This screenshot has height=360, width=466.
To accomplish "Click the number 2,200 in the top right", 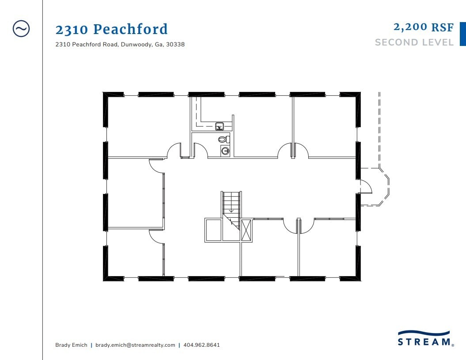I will [411, 27].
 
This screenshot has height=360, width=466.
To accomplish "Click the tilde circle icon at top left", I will [21, 29].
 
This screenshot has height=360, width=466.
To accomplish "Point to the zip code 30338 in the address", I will [175, 44].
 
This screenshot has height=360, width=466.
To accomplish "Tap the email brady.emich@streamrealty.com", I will [135, 345].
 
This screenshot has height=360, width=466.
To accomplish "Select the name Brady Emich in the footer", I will [71, 345].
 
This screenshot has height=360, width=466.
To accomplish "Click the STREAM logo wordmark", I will [424, 341].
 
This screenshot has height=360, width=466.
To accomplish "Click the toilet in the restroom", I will [224, 139].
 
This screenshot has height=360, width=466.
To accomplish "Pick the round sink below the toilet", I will [225, 151].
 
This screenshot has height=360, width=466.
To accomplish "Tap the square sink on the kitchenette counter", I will [220, 127].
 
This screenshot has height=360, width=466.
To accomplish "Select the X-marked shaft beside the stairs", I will [246, 230].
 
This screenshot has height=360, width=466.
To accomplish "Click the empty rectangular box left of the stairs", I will [213, 230].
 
